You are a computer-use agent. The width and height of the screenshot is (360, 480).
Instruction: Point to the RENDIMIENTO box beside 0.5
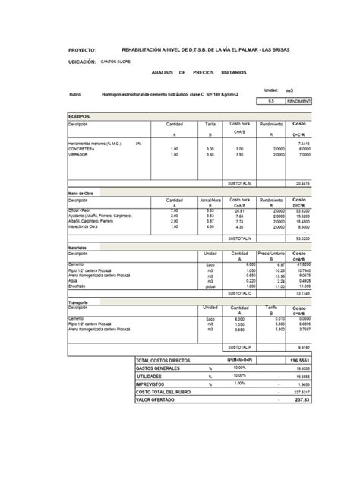point(298,99)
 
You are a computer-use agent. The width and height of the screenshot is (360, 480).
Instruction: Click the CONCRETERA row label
point(81,149)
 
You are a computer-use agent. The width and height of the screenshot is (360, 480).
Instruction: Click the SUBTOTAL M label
point(241,183)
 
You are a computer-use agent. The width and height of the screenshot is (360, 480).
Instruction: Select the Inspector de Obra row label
point(84,226)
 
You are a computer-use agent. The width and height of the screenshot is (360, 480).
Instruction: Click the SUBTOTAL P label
point(241,346)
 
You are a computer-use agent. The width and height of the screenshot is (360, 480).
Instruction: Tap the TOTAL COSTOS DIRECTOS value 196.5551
point(301,361)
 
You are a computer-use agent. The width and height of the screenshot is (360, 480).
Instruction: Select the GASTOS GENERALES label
point(157,368)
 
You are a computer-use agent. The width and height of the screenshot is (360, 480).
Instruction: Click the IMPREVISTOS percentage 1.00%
point(240,383)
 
